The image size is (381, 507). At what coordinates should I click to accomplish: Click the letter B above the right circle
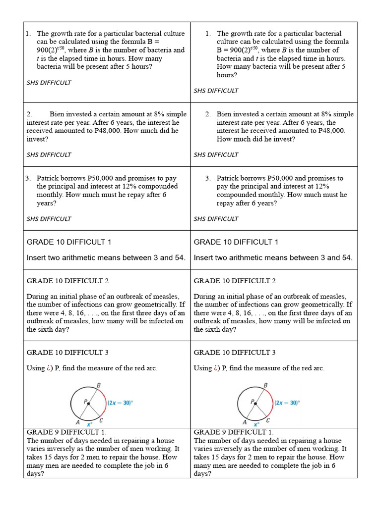point(265,385)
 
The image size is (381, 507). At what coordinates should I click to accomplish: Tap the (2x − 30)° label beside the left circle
point(120,403)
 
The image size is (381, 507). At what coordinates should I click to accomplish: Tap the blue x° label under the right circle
point(256,424)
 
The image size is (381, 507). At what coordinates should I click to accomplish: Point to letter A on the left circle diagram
point(78,422)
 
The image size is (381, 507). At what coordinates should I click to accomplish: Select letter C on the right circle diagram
point(268,420)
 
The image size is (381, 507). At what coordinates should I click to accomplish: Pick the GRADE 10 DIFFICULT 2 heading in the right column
point(235,281)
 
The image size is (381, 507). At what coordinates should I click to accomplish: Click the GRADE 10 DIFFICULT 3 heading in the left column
point(67,353)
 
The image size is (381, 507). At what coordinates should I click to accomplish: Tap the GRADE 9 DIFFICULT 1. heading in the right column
point(233,432)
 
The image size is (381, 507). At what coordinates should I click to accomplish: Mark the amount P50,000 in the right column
point(285,178)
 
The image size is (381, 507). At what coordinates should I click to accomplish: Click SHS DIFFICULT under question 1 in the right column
point(216,91)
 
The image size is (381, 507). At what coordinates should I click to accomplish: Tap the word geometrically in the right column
point(322,304)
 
